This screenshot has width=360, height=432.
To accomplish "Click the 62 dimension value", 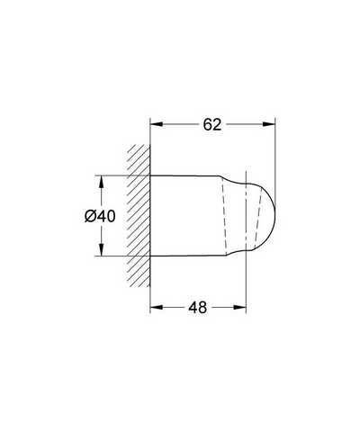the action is (x=212, y=124).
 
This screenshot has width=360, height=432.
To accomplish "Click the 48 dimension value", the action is (x=198, y=307).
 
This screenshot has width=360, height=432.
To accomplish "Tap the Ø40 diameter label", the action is (x=100, y=216).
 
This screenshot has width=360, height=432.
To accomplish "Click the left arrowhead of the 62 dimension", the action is (x=157, y=124).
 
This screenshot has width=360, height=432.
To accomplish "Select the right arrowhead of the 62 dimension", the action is (x=269, y=124).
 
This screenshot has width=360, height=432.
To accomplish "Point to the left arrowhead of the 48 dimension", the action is (x=157, y=307).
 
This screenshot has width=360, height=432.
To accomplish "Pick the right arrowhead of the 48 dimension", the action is (x=239, y=307).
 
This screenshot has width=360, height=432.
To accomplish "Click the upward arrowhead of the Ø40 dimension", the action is (x=102, y=182).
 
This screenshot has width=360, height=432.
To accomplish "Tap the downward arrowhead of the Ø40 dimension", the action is (x=102, y=249).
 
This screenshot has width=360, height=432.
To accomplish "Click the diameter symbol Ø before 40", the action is (x=90, y=216).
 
